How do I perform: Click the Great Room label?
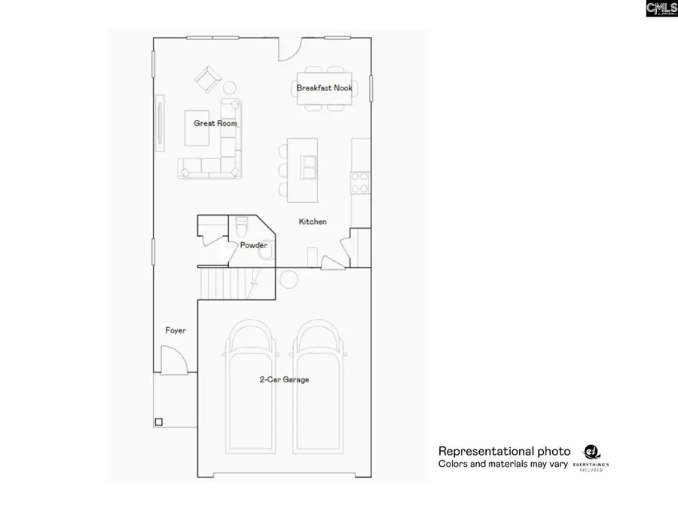(215, 123)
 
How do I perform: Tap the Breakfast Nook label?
(324, 88)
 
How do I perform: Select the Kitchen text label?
(313, 222)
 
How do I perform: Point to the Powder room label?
(253, 245)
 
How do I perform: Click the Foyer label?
(176, 330)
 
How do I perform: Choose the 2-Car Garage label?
(283, 379)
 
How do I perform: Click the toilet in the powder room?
(242, 225)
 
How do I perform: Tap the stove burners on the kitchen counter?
(360, 182)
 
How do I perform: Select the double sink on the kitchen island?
(309, 167)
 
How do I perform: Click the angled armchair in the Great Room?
(207, 78)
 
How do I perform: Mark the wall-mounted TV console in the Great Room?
(159, 123)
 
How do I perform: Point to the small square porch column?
(158, 422)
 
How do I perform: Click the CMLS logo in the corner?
(661, 8)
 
